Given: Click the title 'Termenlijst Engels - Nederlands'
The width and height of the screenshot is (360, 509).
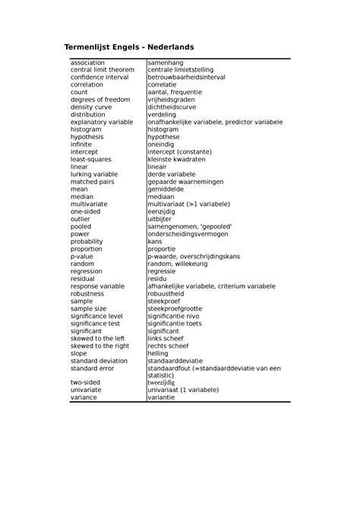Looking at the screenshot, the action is point(128,47).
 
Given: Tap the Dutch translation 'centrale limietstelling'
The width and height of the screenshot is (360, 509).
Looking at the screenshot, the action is point(181,70).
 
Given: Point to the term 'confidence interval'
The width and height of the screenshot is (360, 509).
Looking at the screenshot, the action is point(99,77).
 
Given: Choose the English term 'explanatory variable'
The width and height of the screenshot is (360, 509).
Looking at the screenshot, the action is point(103,122).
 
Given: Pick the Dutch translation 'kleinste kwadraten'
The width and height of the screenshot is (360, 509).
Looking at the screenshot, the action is point(177,159).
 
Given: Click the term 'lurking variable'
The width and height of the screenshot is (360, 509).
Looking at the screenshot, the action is point(95,174).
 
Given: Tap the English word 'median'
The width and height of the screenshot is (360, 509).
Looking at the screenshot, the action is point(82,196).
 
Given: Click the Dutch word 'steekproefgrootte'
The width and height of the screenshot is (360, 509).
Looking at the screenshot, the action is point(175,308).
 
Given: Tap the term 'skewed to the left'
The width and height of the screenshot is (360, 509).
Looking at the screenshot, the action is point(98,338).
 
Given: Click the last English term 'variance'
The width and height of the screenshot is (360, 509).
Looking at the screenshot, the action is point(84,397).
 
